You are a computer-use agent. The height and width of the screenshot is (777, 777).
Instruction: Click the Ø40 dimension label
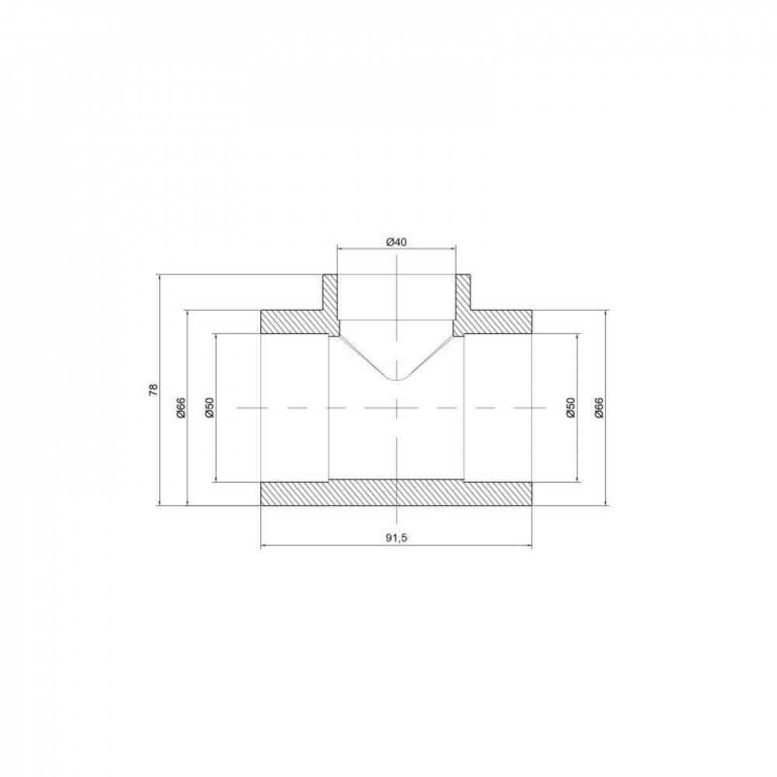pos(396,242)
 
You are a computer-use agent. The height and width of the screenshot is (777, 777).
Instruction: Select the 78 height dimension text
pos(154,389)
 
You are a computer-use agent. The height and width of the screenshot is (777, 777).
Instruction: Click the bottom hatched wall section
pos(396,494)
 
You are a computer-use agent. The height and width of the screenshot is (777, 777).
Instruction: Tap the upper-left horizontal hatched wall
pos(295,322)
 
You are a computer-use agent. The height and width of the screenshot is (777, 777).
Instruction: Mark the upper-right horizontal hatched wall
pos(497,322)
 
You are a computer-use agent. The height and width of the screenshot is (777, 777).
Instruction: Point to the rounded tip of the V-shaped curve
pos(397,379)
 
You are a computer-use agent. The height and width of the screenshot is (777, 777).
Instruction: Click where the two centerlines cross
pos(397,407)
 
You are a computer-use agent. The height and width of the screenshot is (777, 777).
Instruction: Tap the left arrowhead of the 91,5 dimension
pos(263,545)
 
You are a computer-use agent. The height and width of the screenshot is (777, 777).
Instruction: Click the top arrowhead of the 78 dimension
pos(159,277)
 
